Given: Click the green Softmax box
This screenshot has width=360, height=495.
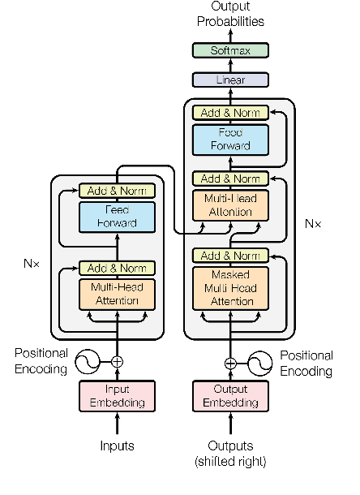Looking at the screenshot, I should pyautogui.click(x=230, y=50).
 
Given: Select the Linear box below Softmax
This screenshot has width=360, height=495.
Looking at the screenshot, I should pyautogui.click(x=230, y=80).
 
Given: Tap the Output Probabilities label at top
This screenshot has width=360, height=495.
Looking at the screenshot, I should pyautogui.click(x=230, y=14).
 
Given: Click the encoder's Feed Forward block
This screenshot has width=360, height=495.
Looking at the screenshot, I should pyautogui.click(x=117, y=217).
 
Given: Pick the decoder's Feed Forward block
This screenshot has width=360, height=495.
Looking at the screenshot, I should pyautogui.click(x=230, y=139).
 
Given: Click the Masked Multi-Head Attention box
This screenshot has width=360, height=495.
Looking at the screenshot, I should pyautogui.click(x=230, y=288).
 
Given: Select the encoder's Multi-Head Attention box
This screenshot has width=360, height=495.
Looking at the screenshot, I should pyautogui.click(x=117, y=294).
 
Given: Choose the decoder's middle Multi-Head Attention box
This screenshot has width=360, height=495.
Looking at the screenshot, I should pyautogui.click(x=230, y=205).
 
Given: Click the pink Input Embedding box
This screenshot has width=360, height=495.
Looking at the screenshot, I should pyautogui.click(x=117, y=396).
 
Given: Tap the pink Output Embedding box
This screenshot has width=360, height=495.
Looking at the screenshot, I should pyautogui.click(x=230, y=396).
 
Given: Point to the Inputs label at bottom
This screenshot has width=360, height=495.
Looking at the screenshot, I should pyautogui.click(x=117, y=445).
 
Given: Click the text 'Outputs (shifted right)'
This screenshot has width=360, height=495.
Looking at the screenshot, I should pyautogui.click(x=230, y=454).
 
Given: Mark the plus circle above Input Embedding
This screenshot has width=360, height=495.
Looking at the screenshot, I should pyautogui.click(x=117, y=362).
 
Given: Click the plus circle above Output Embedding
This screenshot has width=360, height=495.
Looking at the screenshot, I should pyautogui.click(x=230, y=363).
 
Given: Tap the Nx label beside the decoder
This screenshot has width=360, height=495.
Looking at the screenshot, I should pyautogui.click(x=313, y=222).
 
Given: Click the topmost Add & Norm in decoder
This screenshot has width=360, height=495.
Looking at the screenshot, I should pyautogui.click(x=230, y=113).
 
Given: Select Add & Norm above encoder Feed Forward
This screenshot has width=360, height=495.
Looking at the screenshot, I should pyautogui.click(x=117, y=192).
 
